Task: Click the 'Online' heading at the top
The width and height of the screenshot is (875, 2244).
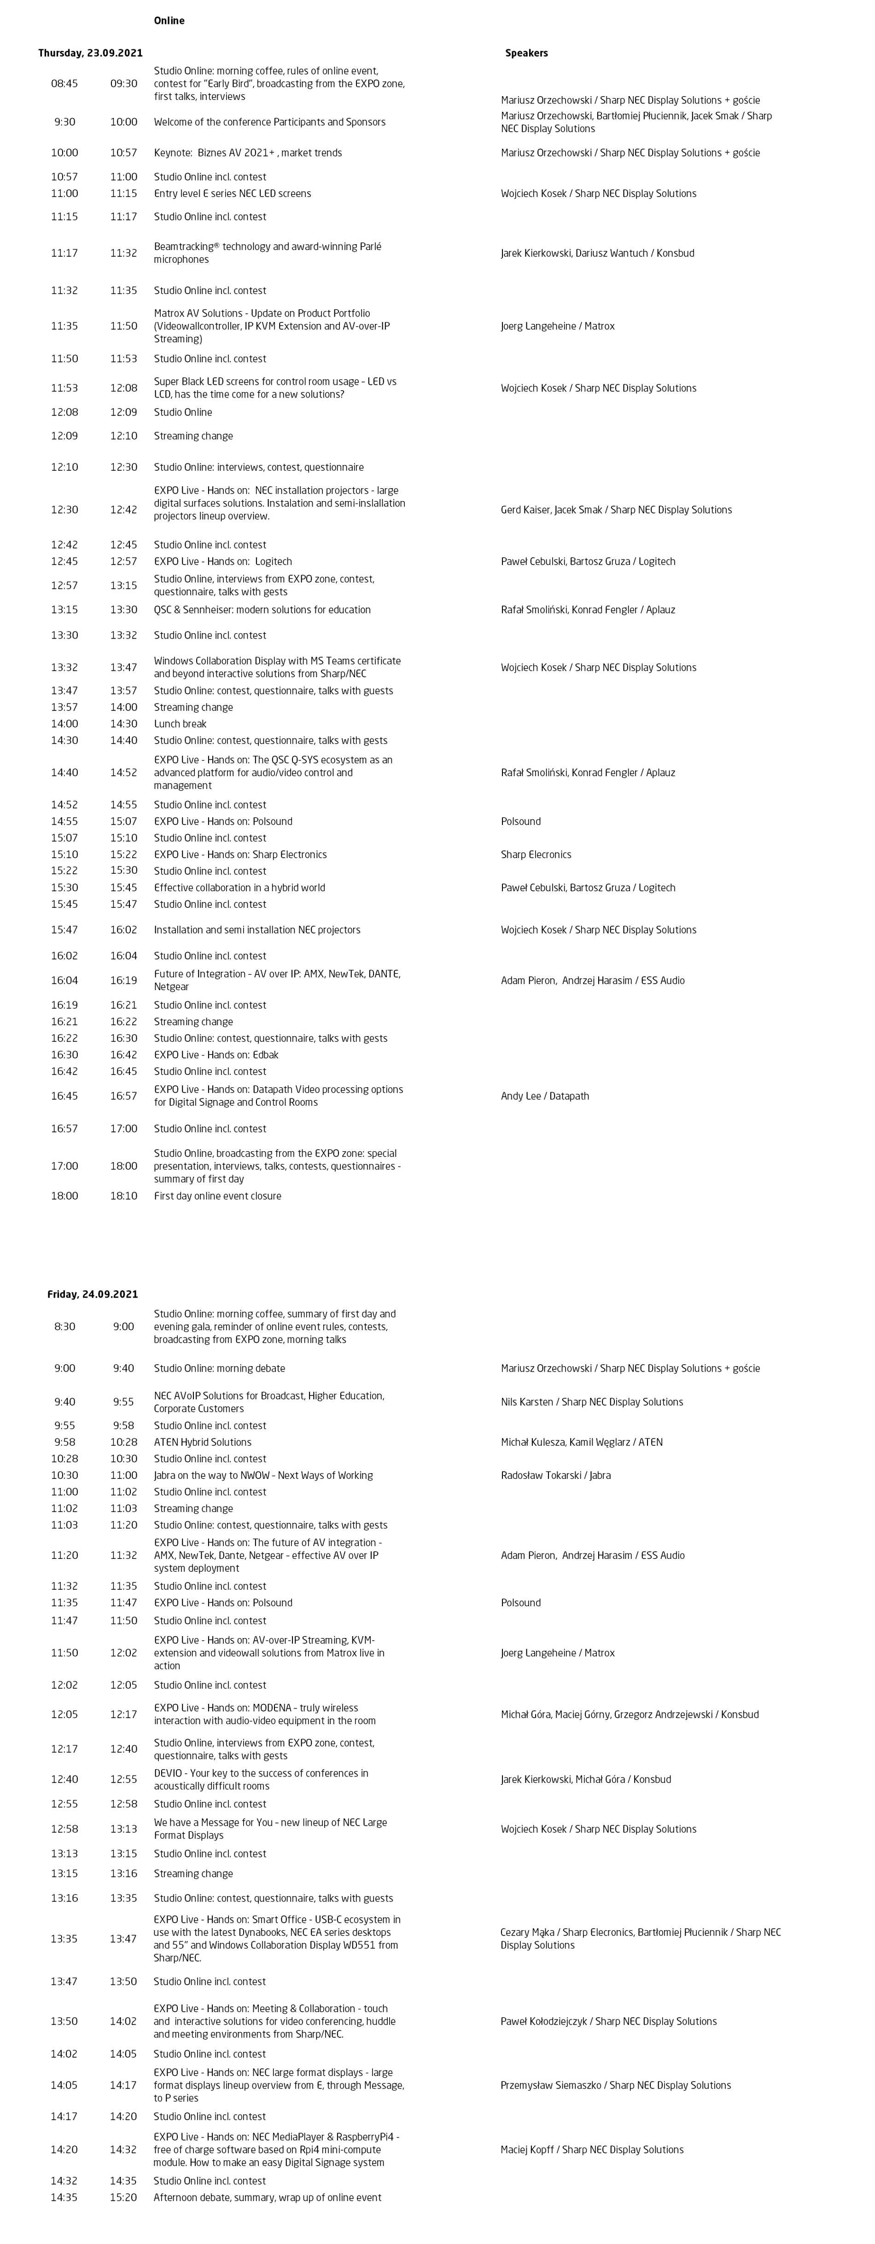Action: click(x=169, y=21)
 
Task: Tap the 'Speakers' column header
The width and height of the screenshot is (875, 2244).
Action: click(x=526, y=53)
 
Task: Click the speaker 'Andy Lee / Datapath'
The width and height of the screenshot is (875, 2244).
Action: click(x=545, y=1096)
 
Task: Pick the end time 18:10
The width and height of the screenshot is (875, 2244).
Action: click(x=124, y=1196)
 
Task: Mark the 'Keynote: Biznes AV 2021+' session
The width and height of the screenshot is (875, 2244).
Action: click(x=247, y=152)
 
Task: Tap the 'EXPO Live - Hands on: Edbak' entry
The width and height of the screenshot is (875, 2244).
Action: click(x=216, y=1055)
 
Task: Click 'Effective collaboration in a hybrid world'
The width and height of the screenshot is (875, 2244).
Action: click(x=239, y=888)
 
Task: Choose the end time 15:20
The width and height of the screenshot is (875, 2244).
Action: click(x=124, y=2198)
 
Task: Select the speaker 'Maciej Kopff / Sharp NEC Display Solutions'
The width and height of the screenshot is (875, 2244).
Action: click(x=592, y=2150)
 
